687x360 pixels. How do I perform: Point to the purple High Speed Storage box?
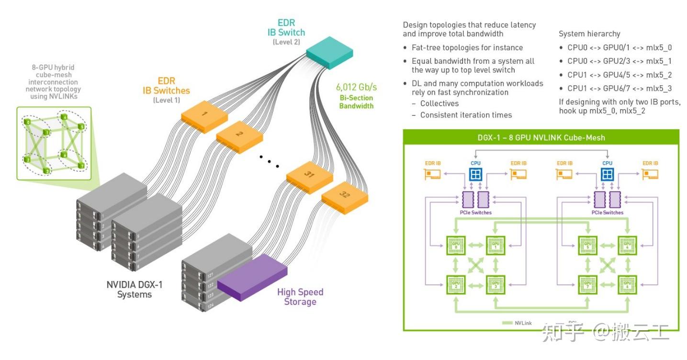tap(252, 278)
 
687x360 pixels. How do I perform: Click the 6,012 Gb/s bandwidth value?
tap(356, 87)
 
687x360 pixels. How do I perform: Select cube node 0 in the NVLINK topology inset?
tap(29, 123)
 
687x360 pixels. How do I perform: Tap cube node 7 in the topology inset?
tap(81, 166)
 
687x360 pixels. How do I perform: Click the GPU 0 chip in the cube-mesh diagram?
tap(456, 246)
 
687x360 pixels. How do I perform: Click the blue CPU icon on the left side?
tap(475, 175)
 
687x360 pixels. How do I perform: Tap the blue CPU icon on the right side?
tap(607, 175)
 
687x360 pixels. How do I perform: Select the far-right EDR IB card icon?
tap(650, 174)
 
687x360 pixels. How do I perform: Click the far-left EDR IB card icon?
tap(433, 174)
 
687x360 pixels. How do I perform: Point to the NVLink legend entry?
tap(517, 323)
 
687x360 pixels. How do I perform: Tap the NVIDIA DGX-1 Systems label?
tap(135, 290)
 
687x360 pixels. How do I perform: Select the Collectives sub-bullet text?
tap(439, 103)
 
